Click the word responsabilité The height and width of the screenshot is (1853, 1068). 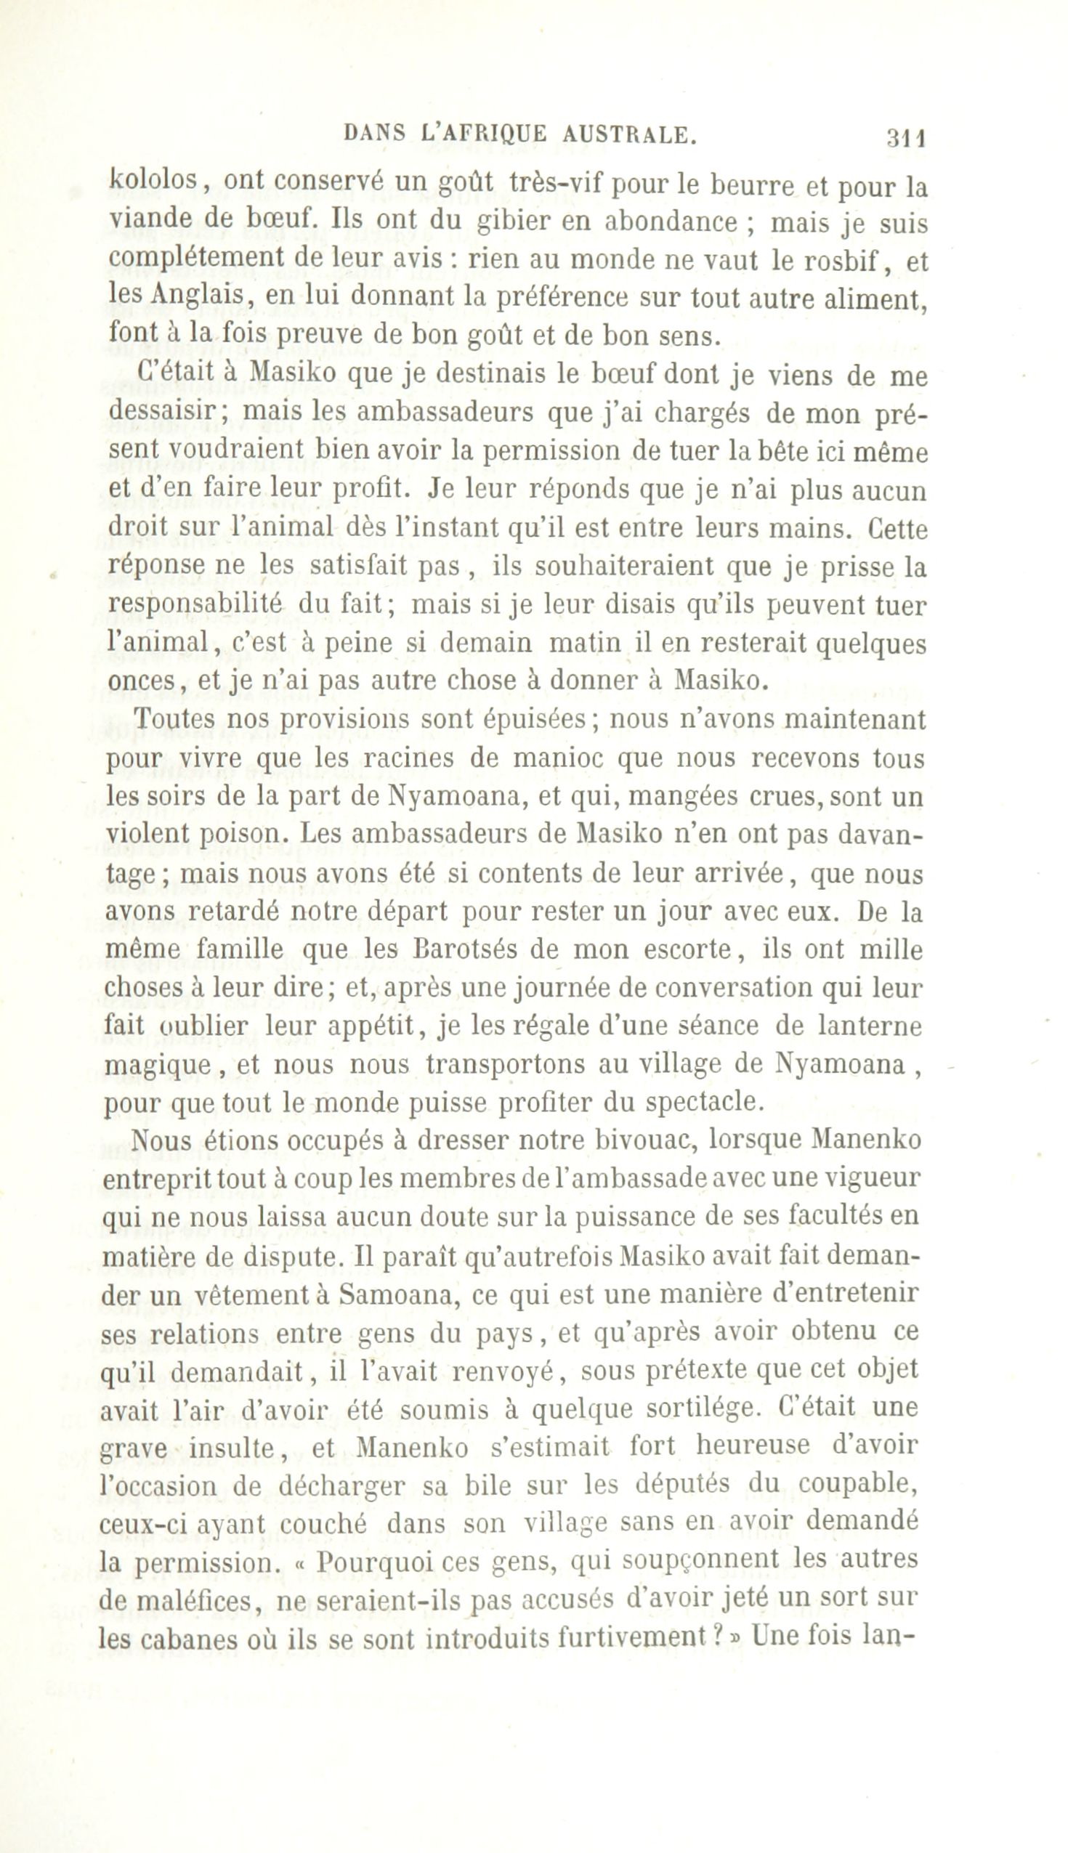(195, 607)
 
